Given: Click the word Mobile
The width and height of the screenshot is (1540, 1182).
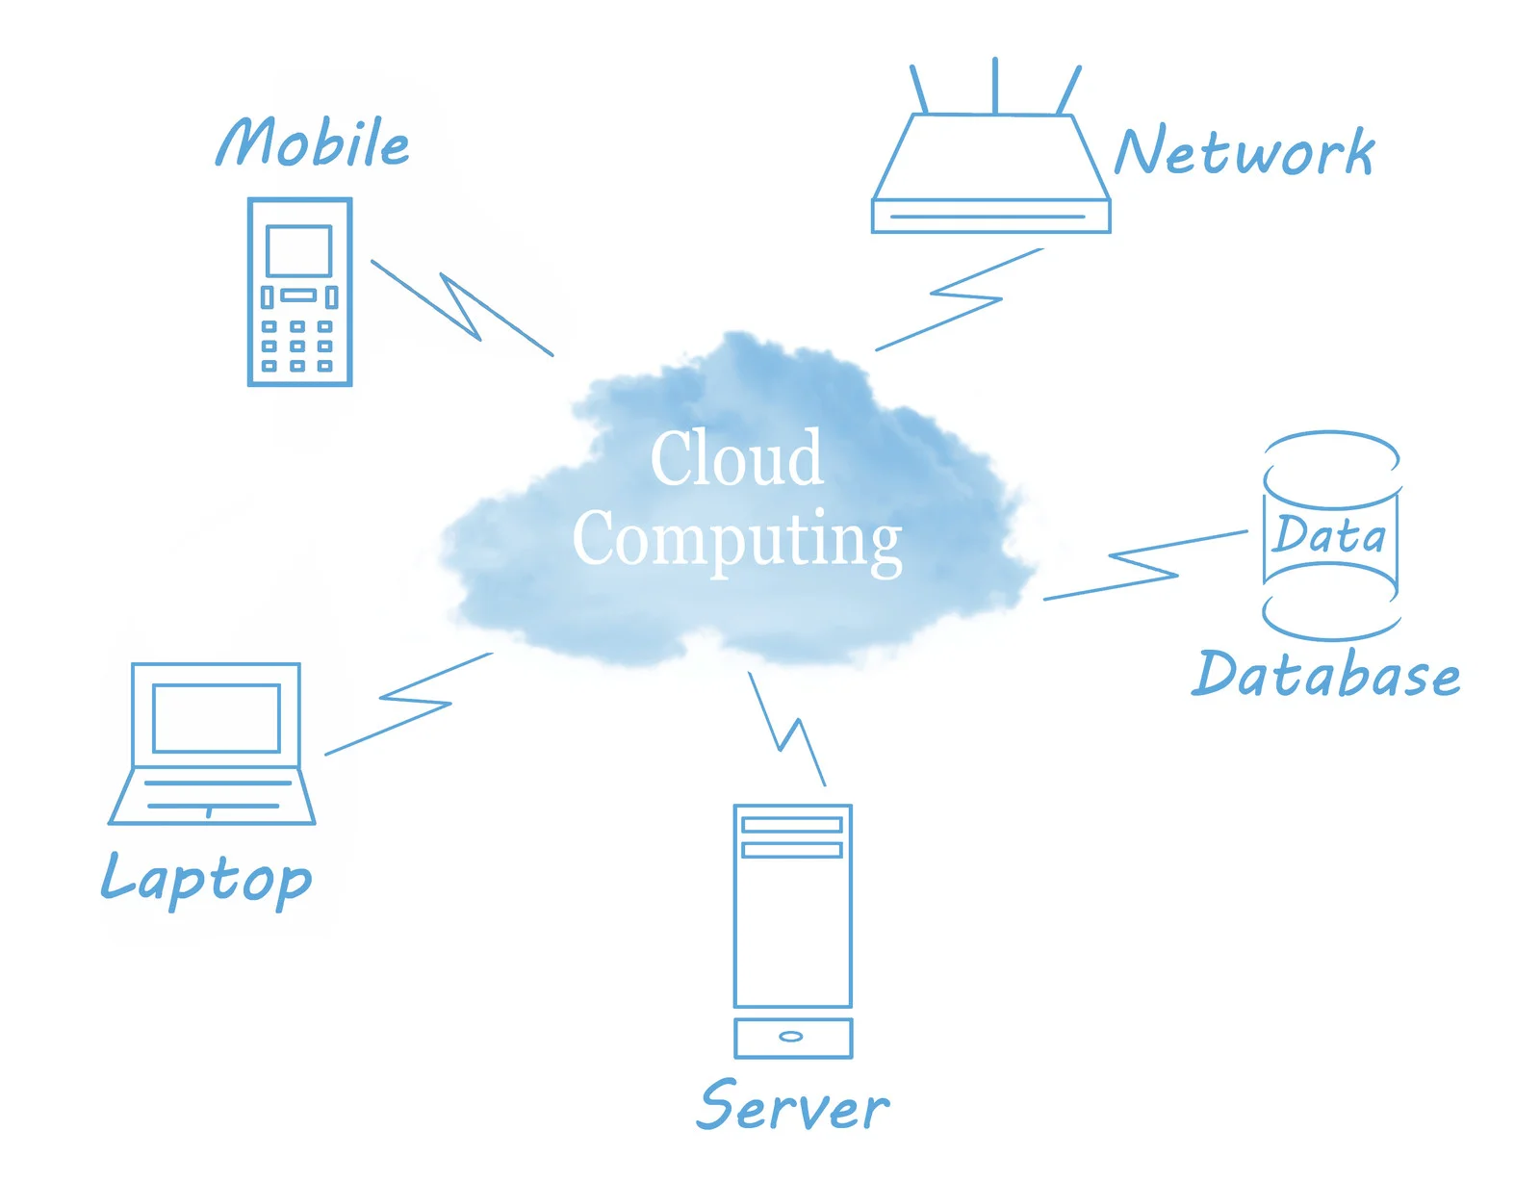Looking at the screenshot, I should coord(313,142).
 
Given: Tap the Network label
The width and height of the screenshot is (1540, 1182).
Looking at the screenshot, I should coord(1244,152).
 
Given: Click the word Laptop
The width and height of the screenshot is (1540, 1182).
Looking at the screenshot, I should coord(207,878).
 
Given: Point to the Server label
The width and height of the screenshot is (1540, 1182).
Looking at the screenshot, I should coord(793,1107).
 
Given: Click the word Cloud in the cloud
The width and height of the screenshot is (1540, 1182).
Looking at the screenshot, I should coord(737,458).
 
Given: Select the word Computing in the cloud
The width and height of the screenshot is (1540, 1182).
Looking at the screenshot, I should coord(737,539).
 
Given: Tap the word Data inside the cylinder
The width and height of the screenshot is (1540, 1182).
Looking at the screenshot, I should coord(1329,535).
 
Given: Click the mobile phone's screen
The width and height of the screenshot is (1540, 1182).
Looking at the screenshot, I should coord(299,251).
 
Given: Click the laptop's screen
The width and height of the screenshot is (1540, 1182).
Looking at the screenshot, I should coord(217,718).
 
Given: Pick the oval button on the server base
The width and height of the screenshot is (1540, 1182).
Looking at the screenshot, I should coord(791,1037).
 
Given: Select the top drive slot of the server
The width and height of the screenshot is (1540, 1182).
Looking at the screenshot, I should coord(792,825).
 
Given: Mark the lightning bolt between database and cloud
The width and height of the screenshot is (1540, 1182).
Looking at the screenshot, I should coord(1145,567).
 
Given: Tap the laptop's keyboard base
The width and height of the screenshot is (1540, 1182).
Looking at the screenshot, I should coord(212,796).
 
